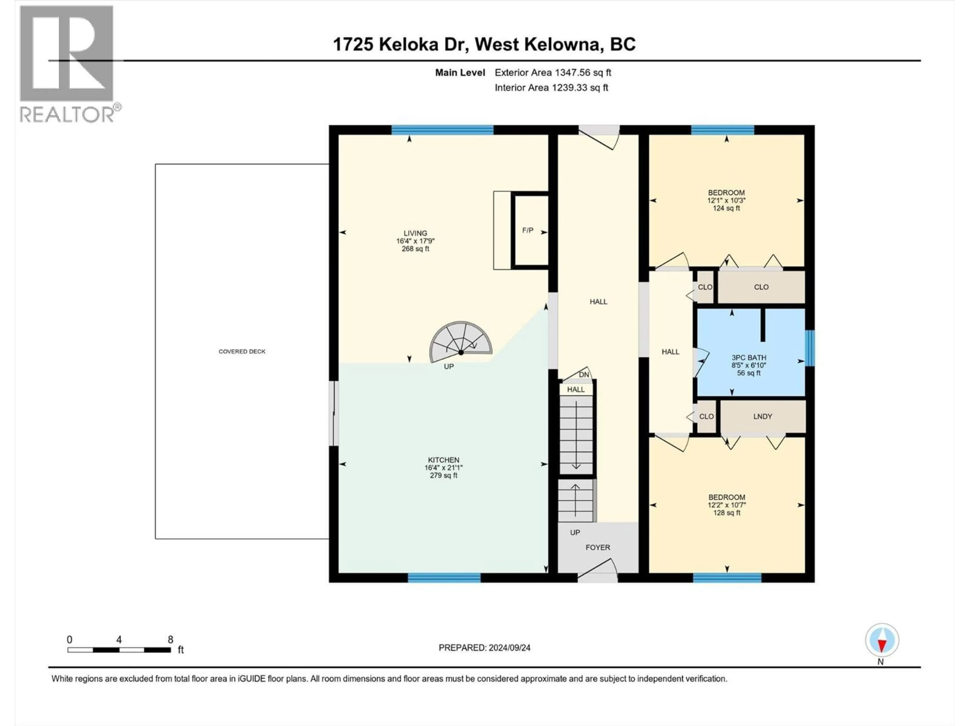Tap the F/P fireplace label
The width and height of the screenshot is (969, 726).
527,230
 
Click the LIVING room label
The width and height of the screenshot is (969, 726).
415,241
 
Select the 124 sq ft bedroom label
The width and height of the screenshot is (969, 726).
726,200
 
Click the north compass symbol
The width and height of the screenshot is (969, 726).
882,641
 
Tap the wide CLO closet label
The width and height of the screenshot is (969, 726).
761,287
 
